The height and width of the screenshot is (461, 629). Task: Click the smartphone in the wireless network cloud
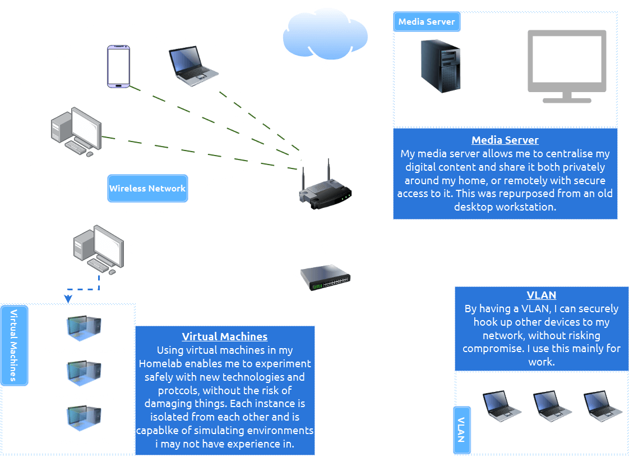click(x=119, y=67)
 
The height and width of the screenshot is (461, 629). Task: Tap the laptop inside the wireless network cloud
click(x=193, y=66)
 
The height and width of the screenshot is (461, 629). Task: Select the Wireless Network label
click(x=147, y=189)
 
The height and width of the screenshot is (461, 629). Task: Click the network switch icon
click(x=325, y=277)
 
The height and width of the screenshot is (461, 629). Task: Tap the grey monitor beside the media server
click(x=567, y=67)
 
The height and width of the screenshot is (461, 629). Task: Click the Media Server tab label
click(x=427, y=22)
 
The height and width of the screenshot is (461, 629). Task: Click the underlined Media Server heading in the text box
click(x=505, y=140)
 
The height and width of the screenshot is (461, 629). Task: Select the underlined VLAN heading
click(x=541, y=295)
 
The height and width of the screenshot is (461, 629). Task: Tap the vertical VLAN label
click(x=461, y=429)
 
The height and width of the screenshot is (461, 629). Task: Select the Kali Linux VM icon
click(x=84, y=373)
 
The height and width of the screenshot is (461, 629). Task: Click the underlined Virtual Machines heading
click(x=224, y=337)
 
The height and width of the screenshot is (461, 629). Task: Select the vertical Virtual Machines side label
click(x=15, y=345)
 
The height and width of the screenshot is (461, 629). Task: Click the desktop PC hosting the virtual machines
click(x=98, y=249)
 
